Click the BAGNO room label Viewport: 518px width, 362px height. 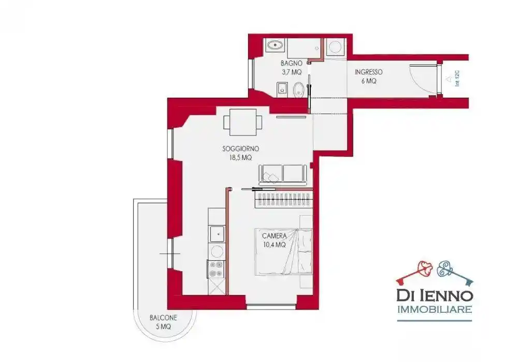point(291,63)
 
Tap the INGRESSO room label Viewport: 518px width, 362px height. point(369,72)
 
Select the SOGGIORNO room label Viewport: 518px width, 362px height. point(240,149)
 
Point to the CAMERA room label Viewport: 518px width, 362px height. point(274,236)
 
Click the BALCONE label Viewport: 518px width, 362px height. point(163,318)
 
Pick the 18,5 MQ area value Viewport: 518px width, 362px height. point(240,158)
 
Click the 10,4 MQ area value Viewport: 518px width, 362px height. point(274,245)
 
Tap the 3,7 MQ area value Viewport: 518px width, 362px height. point(291,72)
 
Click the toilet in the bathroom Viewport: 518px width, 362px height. point(299,89)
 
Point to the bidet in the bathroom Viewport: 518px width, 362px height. point(282,89)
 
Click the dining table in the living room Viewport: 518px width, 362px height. point(243,122)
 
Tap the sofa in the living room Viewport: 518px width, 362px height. point(283,173)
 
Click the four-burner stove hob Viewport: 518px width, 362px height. point(216,269)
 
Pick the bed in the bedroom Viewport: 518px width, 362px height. point(283,251)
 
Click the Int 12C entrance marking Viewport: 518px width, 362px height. point(457,79)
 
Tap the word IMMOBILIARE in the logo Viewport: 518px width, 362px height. point(435,310)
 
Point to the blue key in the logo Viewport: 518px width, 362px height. point(455,272)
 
